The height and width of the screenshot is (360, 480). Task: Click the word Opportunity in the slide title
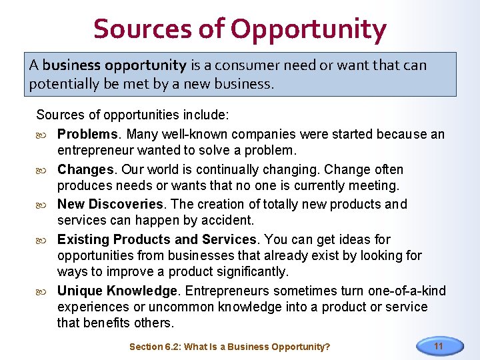pos(308,29)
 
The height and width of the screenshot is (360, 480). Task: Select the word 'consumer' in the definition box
pos(255,65)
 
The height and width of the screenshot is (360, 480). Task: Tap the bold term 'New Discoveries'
pos(110,205)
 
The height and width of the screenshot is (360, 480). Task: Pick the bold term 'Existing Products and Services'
pos(157,239)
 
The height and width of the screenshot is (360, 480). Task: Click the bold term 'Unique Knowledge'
pos(117,291)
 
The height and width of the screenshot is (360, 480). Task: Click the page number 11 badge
pos(439,346)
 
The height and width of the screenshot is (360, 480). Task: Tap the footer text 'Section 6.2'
pos(155,347)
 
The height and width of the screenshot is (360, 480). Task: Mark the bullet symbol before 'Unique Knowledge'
pos(45,291)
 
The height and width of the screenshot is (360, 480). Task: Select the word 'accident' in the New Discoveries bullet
pos(227,221)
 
